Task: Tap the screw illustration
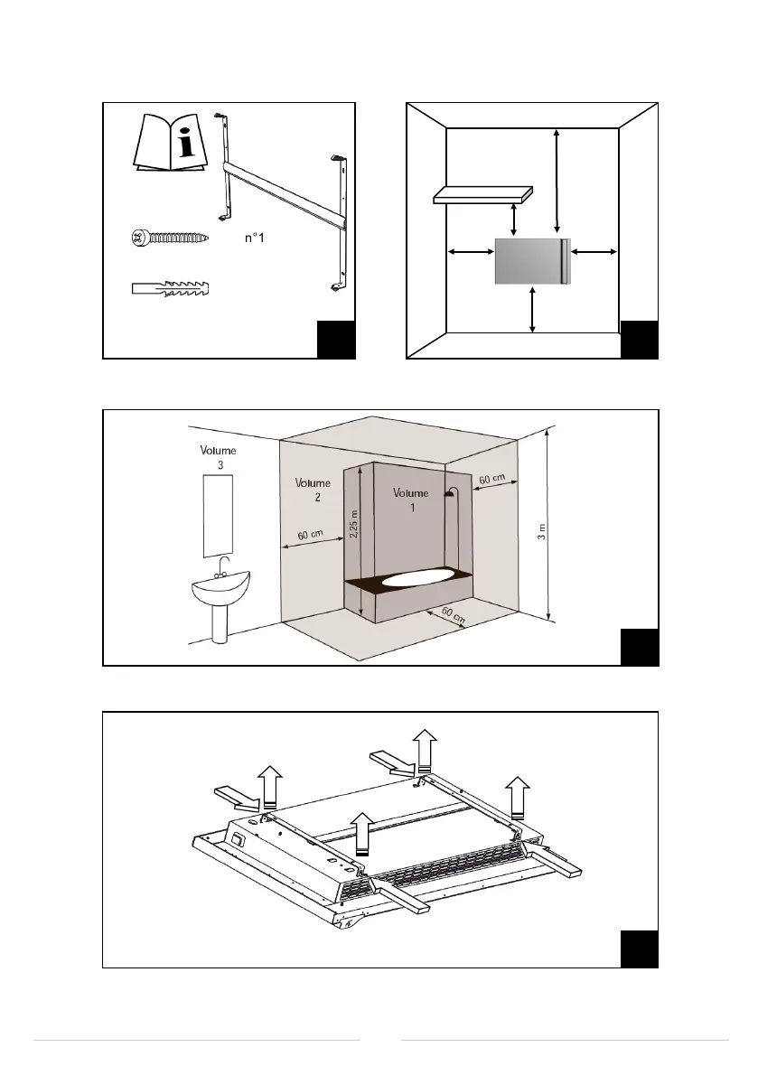(x=170, y=239)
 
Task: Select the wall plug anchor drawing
(x=172, y=289)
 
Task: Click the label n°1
(x=259, y=239)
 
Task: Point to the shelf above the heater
(x=482, y=194)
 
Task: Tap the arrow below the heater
(x=533, y=309)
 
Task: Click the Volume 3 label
(x=218, y=456)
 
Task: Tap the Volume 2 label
(x=313, y=490)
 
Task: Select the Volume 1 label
(x=411, y=500)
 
